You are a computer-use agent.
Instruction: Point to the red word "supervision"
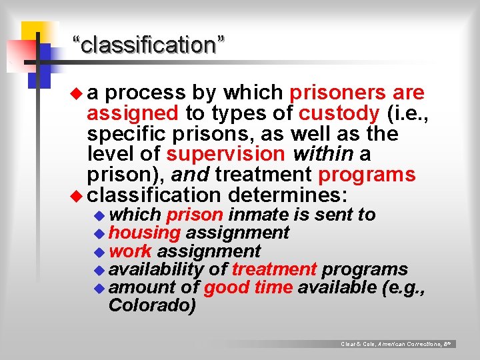tap(225, 154)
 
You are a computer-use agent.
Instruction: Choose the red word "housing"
tap(145, 233)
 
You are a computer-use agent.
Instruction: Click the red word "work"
tap(130, 251)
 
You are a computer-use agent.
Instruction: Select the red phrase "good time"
tap(248, 288)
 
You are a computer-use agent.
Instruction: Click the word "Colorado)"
tap(152, 306)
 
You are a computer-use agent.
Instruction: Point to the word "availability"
tap(156, 269)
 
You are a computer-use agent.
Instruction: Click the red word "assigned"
tap(132, 113)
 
